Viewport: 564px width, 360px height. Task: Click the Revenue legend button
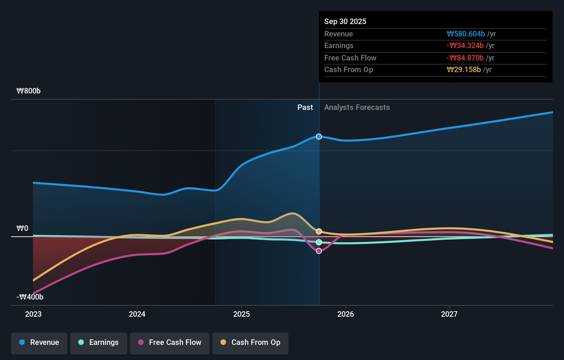[39, 343]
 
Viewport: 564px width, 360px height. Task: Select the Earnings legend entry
[99, 343]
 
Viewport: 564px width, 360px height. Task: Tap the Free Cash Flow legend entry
[170, 343]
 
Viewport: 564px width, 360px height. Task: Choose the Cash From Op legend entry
[250, 343]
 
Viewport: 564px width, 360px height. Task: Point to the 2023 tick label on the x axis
[33, 314]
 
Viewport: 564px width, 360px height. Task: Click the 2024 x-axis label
[137, 314]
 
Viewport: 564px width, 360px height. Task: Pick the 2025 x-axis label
[241, 314]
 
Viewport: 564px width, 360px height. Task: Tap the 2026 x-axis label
[346, 314]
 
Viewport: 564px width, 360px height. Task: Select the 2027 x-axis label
[449, 314]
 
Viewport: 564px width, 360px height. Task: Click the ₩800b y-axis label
[29, 91]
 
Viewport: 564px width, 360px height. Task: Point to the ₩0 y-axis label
[22, 228]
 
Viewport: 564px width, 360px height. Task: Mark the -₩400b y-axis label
[30, 297]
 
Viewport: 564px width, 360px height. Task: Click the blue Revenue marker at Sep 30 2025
[319, 137]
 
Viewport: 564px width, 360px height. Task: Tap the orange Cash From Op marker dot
[319, 232]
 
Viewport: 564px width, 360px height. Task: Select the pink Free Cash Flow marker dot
[319, 251]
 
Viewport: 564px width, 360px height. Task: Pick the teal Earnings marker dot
[319, 242]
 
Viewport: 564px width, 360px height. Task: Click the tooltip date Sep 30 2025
[345, 22]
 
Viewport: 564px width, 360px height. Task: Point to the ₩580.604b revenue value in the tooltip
[466, 34]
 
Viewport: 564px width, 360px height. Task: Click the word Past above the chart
[305, 108]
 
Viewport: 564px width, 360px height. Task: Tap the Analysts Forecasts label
[357, 108]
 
